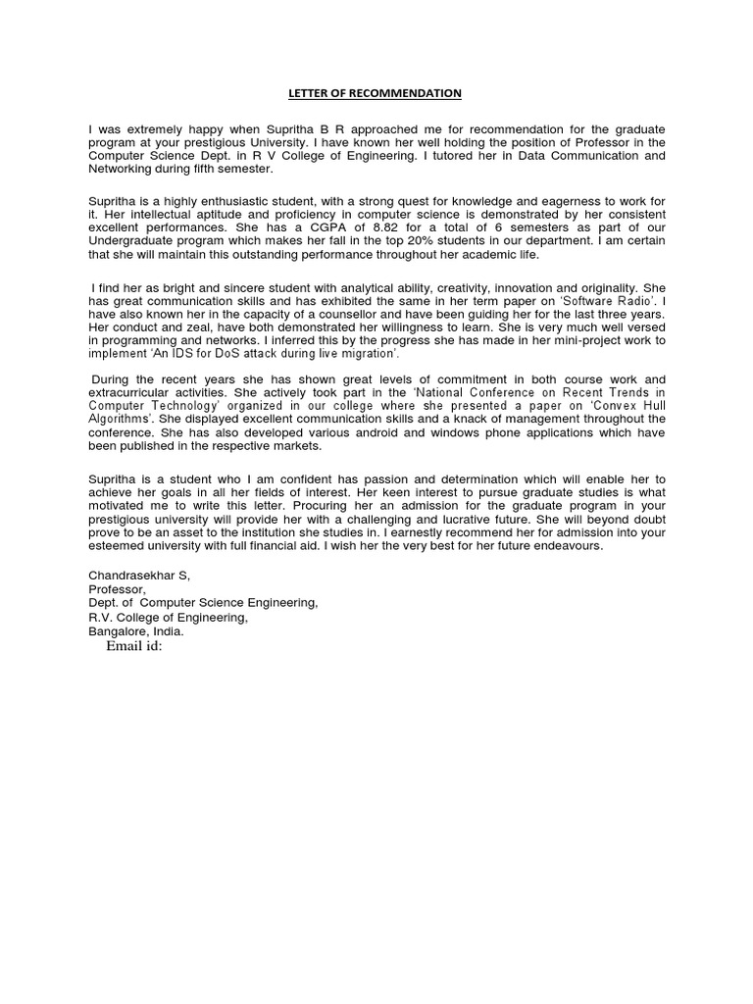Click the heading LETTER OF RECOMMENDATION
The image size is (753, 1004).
[x=374, y=93]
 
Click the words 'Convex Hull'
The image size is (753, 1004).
[x=630, y=405]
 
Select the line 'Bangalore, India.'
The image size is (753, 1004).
[x=136, y=631]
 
